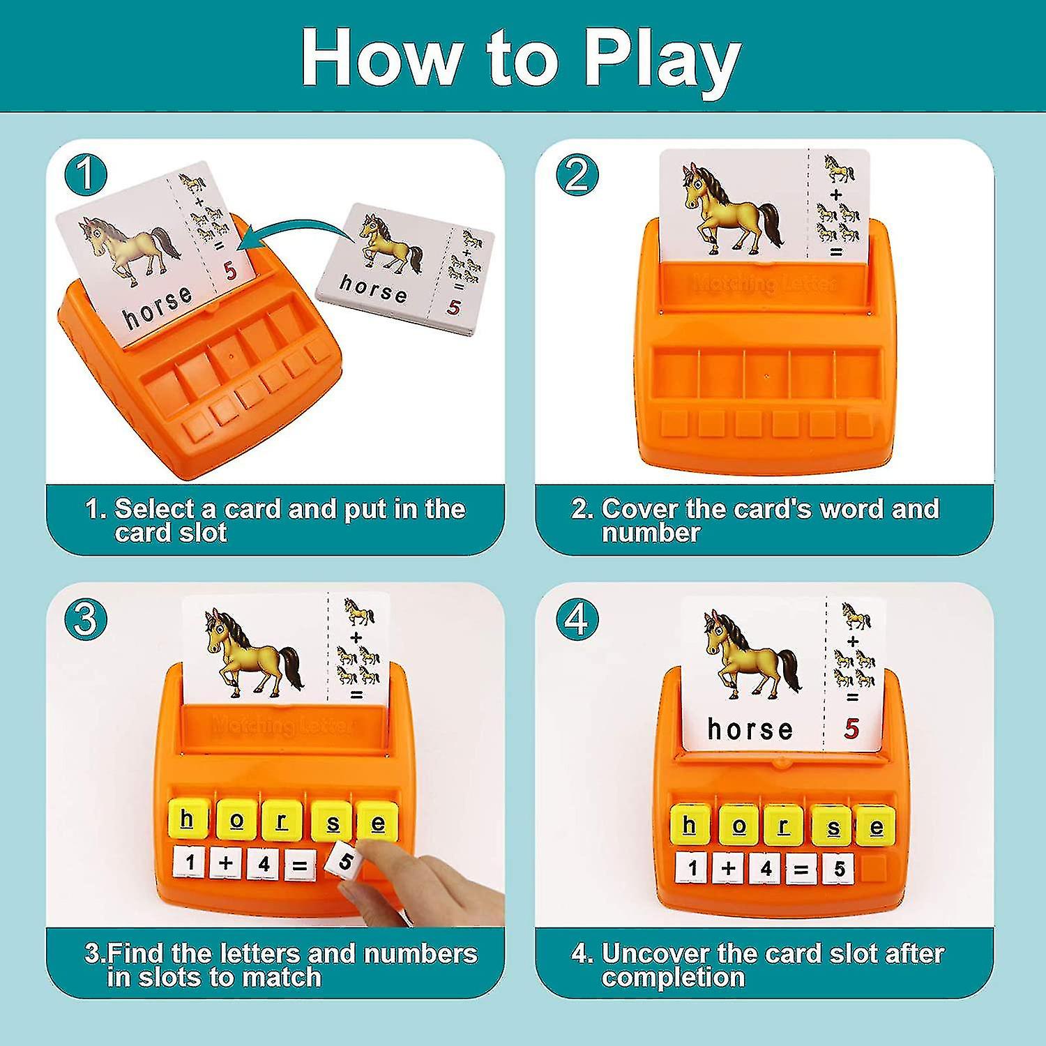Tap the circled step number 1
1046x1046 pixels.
pos(85,174)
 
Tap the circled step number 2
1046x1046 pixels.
pos(577,174)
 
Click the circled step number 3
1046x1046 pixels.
pos(85,618)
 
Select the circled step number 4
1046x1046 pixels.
pos(577,618)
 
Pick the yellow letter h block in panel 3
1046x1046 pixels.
pos(187,820)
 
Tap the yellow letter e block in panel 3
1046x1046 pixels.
pos(378,823)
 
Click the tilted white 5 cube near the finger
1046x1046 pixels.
pos(344,862)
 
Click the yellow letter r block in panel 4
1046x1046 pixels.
pos(784,827)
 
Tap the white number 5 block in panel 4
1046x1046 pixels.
pos(839,869)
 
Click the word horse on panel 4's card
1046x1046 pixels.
pos(750,729)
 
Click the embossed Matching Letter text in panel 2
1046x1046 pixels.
pos(764,283)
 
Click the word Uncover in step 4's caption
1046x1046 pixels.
pos(651,953)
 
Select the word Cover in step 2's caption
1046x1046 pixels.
pos(639,509)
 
